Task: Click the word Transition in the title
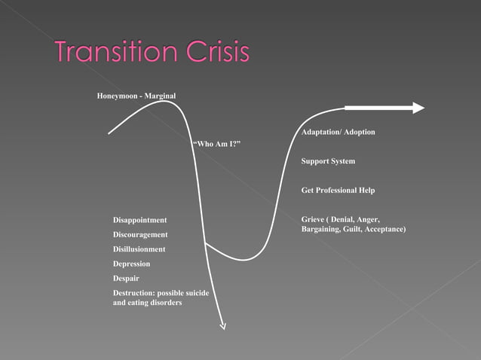tap(114, 52)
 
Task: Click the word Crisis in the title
tap(215, 52)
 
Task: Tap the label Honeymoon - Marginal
tap(136, 96)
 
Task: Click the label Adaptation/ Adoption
tap(338, 133)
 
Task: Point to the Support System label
tap(328, 161)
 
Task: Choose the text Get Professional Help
tap(338, 191)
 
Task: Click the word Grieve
tap(314, 220)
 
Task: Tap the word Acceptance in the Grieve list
tap(384, 228)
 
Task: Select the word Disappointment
tap(140, 220)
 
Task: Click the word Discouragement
tap(140, 235)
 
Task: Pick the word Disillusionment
tap(139, 249)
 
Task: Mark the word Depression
tap(132, 264)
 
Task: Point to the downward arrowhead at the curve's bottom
tap(222, 325)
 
